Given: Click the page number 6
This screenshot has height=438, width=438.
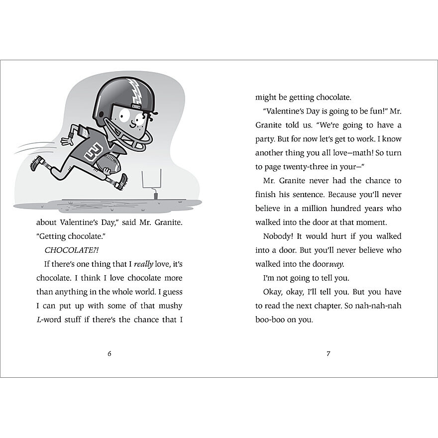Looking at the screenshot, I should pyautogui.click(x=109, y=354).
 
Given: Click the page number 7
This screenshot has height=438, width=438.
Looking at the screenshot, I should pyautogui.click(x=328, y=354).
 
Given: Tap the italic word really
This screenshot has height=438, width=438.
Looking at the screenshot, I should pyautogui.click(x=144, y=264).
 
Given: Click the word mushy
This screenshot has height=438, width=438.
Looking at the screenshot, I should pyautogui.click(x=170, y=306).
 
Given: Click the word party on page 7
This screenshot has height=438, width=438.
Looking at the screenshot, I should pyautogui.click(x=267, y=139).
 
